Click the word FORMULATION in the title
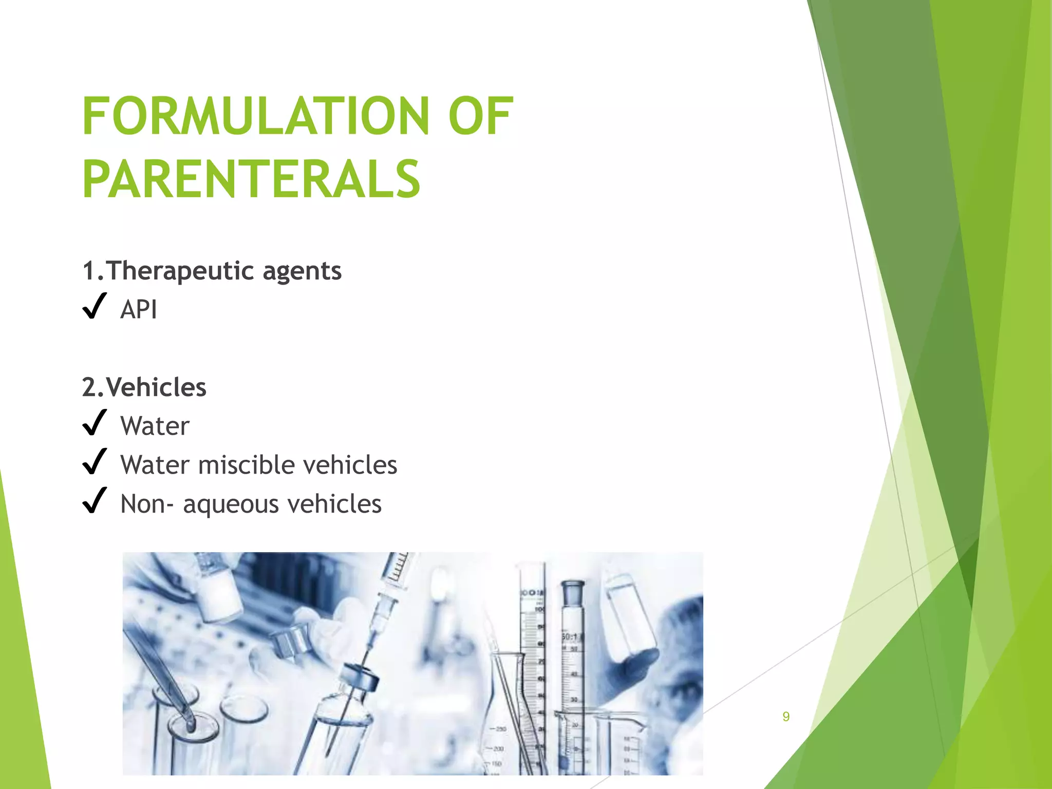click(255, 117)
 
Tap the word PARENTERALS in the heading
click(251, 179)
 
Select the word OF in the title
click(480, 117)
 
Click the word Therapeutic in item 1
click(180, 271)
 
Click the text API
click(139, 310)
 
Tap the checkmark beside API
click(95, 306)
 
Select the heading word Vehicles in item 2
click(156, 387)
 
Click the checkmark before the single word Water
click(95, 423)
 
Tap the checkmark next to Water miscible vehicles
click(95, 462)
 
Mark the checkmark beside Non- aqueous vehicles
click(95, 501)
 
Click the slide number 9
click(786, 717)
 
